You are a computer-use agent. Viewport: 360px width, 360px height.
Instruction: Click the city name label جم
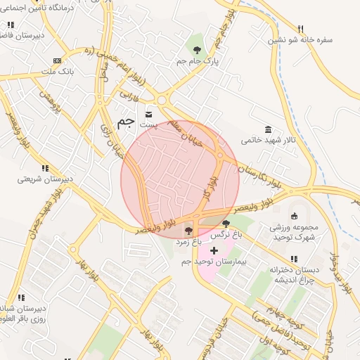point(125,122)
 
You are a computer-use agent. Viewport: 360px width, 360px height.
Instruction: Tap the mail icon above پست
point(148,113)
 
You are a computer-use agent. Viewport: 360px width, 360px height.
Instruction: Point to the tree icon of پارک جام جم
point(197,50)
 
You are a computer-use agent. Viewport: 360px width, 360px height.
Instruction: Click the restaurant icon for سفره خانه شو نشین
point(301,29)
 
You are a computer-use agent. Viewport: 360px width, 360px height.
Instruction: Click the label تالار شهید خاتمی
point(269,140)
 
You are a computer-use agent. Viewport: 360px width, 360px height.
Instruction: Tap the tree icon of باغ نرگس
point(225,224)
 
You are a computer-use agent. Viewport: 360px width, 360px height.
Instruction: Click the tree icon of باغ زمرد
point(188,230)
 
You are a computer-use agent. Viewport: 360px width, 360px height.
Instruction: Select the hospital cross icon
point(214,250)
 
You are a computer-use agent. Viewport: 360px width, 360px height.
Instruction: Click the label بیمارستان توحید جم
point(214,262)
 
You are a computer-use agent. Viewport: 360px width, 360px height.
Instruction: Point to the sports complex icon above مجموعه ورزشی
point(295,215)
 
